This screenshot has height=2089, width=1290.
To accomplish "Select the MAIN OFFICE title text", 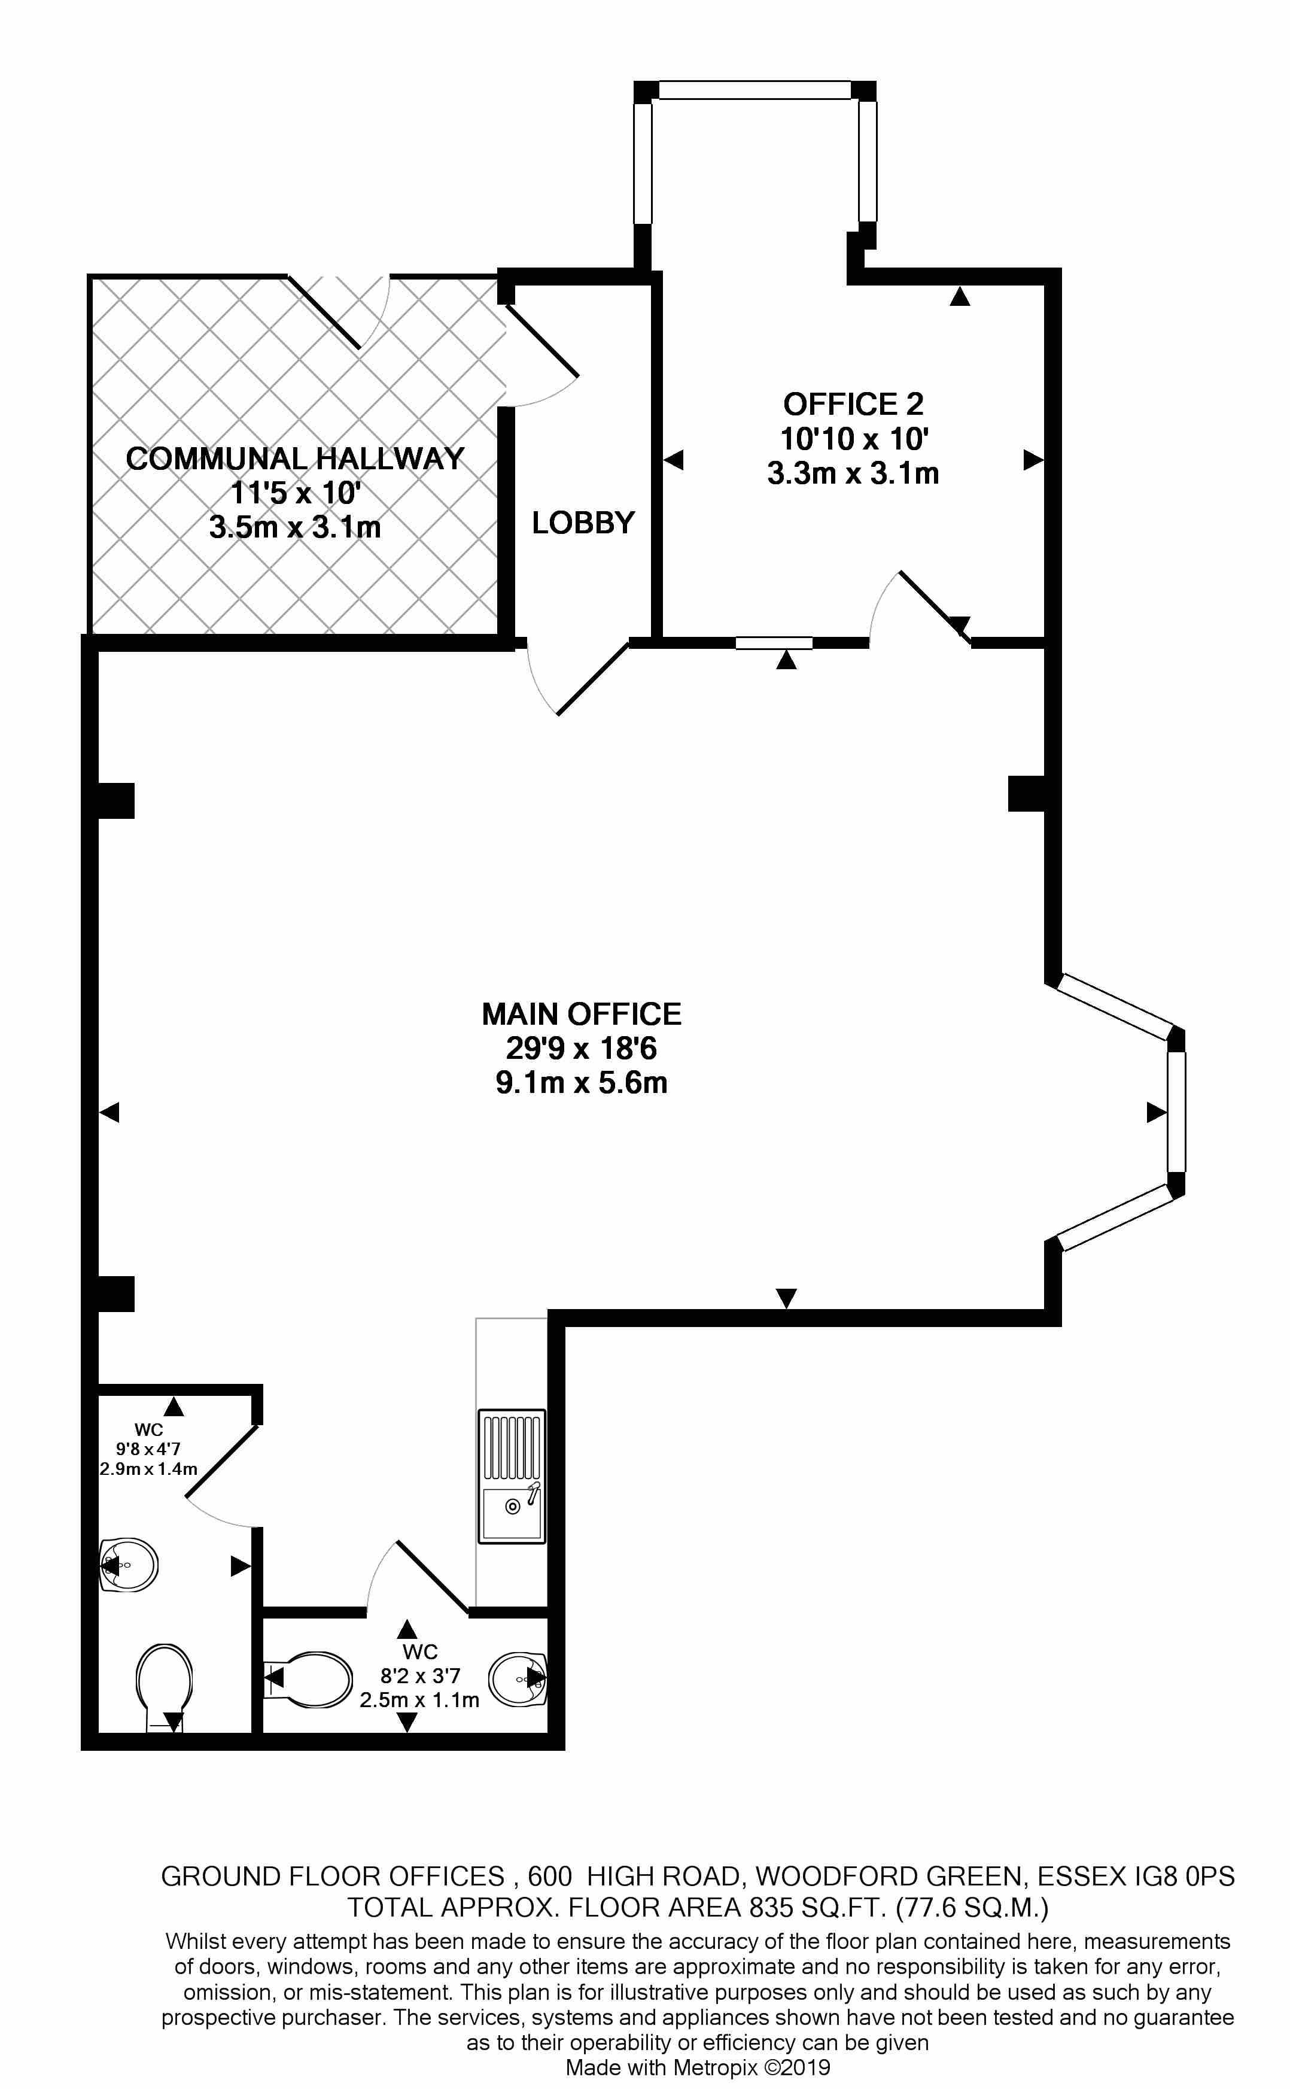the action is click(x=582, y=1014).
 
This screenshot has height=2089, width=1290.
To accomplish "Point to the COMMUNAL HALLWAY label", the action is click(x=295, y=459).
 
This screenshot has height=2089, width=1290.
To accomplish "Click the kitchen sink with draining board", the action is click(x=512, y=1475).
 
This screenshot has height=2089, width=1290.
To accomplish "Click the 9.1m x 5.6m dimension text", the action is click(x=582, y=1083).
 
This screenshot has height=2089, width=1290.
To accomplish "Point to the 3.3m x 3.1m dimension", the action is click(x=853, y=473).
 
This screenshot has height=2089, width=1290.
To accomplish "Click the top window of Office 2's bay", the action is click(x=755, y=90).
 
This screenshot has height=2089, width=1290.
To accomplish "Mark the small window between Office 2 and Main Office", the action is click(x=774, y=643).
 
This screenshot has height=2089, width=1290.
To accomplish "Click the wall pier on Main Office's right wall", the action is click(x=1027, y=793).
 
